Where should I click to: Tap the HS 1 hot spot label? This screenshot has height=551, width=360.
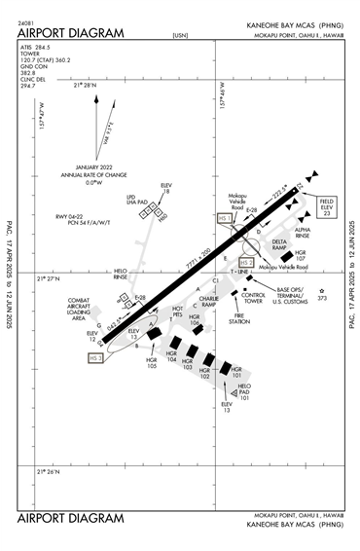tap(226, 219)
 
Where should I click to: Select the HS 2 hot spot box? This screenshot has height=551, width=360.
tap(246, 263)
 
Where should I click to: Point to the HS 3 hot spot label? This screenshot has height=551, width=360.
tap(96, 358)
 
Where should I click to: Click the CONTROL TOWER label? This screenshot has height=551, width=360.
tap(254, 298)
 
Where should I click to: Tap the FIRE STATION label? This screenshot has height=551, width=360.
tap(238, 319)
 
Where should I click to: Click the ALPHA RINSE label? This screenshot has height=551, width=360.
tap(304, 232)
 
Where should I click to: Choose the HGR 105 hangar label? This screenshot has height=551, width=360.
tap(152, 364)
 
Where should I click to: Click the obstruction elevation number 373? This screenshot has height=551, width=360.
tap(324, 299)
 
